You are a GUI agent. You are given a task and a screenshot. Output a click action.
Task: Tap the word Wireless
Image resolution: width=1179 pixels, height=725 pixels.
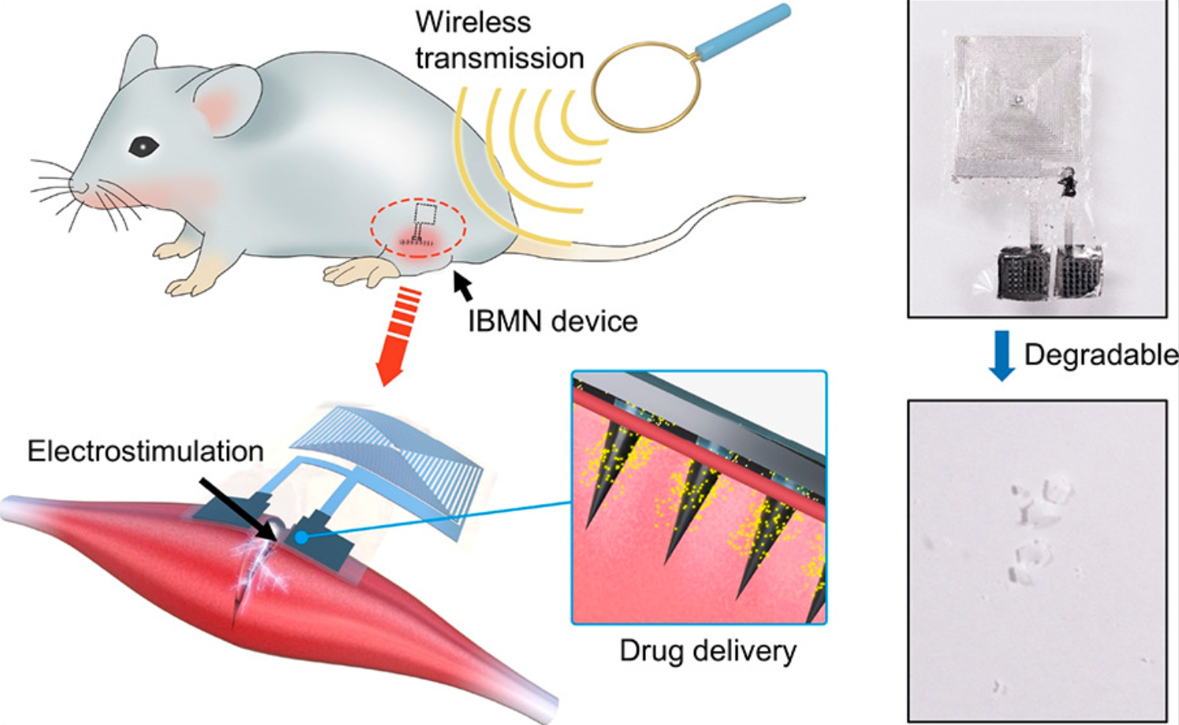[x=473, y=21]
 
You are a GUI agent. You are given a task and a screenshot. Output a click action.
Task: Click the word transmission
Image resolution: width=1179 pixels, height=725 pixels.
[x=499, y=58]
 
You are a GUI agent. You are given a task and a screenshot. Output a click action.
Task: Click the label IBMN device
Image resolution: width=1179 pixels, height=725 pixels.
[x=552, y=321]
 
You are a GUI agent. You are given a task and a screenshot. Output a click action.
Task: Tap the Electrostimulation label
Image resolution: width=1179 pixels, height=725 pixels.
[x=145, y=451]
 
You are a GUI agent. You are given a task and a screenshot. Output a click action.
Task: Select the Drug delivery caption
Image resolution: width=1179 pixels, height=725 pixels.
[x=707, y=651]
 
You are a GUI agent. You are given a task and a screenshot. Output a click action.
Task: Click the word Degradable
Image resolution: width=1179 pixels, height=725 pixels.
[x=1100, y=355]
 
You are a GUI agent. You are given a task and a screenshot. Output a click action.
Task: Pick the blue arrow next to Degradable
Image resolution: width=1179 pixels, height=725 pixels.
[x=1002, y=355]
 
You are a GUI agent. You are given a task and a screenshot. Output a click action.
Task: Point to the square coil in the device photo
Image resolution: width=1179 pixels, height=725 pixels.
[x=1017, y=106]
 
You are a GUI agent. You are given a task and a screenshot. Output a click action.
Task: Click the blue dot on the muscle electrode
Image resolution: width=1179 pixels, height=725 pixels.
[x=301, y=536]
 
